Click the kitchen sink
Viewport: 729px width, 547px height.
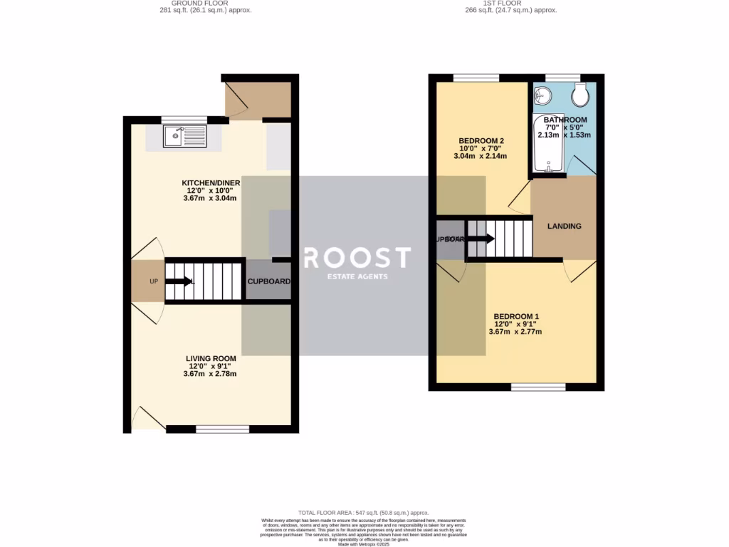tap(184, 135)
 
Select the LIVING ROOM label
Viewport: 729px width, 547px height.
tap(210, 358)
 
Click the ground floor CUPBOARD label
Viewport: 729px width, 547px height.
tap(268, 281)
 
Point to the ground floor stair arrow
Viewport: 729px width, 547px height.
tap(179, 281)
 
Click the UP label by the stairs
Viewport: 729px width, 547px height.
tap(153, 281)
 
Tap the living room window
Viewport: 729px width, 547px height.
tap(222, 429)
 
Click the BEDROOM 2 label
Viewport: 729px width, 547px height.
tap(481, 140)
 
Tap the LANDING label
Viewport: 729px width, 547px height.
tap(564, 226)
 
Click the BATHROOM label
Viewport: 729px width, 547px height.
tap(565, 120)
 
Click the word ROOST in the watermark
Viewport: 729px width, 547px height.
tap(357, 257)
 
